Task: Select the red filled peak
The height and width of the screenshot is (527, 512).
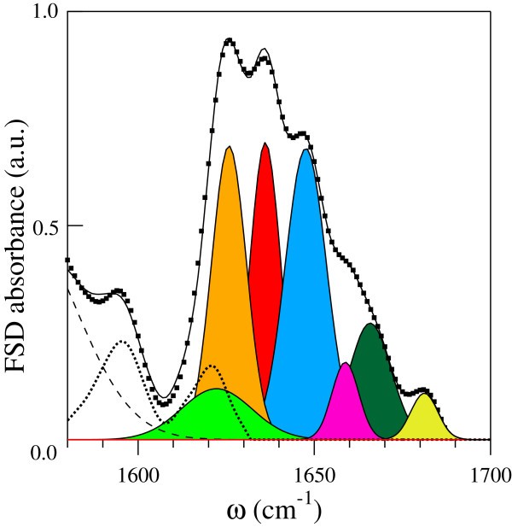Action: coord(265,256)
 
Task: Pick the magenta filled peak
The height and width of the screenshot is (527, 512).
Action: coord(345,401)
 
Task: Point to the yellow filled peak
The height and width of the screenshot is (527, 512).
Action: coord(423,419)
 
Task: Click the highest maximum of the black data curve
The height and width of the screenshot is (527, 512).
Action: coord(229,40)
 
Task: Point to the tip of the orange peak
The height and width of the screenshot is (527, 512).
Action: coord(229,147)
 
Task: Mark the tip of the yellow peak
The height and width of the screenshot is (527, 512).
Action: coord(423,394)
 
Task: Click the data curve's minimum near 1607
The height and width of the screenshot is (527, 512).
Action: coord(161,400)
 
